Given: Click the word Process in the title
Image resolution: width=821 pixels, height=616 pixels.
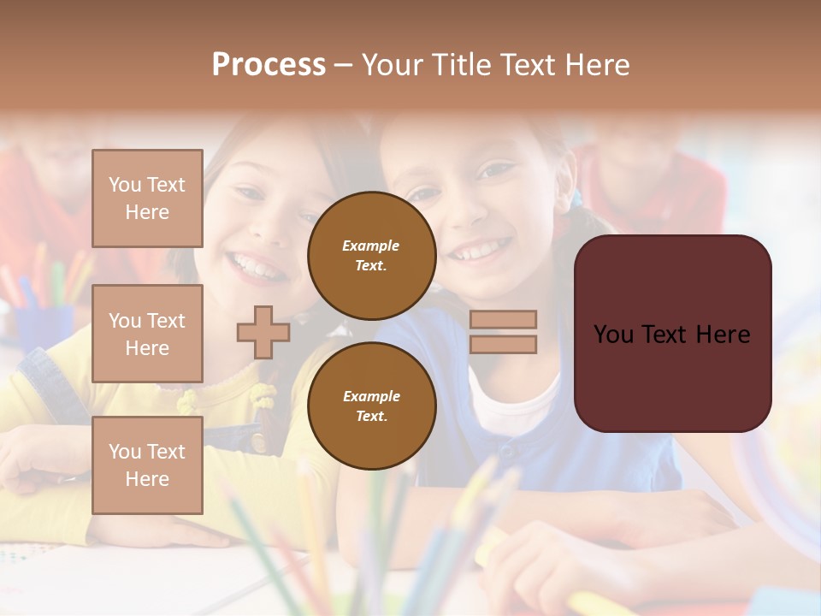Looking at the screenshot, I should [269, 65].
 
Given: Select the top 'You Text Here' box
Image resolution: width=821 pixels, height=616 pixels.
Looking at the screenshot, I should [147, 198].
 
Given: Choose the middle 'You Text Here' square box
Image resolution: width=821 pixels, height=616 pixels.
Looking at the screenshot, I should [147, 334].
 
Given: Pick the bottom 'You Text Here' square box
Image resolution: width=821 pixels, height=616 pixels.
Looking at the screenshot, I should [147, 465].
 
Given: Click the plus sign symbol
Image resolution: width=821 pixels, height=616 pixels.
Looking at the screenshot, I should [263, 332].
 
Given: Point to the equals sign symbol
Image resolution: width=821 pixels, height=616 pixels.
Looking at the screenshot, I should [503, 332].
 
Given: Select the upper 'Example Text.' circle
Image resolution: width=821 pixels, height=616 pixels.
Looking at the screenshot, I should [371, 255].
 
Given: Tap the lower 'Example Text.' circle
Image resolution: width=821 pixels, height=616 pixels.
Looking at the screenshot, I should [371, 406].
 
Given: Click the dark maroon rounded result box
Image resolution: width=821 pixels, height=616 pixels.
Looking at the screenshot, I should [672, 334].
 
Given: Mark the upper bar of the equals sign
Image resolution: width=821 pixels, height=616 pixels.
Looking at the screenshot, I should [503, 319].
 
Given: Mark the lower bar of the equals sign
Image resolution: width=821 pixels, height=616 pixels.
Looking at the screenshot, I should [503, 344].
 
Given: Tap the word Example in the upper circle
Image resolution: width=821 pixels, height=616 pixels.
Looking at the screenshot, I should [370, 246].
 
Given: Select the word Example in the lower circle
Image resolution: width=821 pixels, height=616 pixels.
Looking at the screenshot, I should [371, 396].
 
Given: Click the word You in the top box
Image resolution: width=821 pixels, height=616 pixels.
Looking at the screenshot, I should [125, 185].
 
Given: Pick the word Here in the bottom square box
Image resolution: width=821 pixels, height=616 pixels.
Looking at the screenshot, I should [147, 479].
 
